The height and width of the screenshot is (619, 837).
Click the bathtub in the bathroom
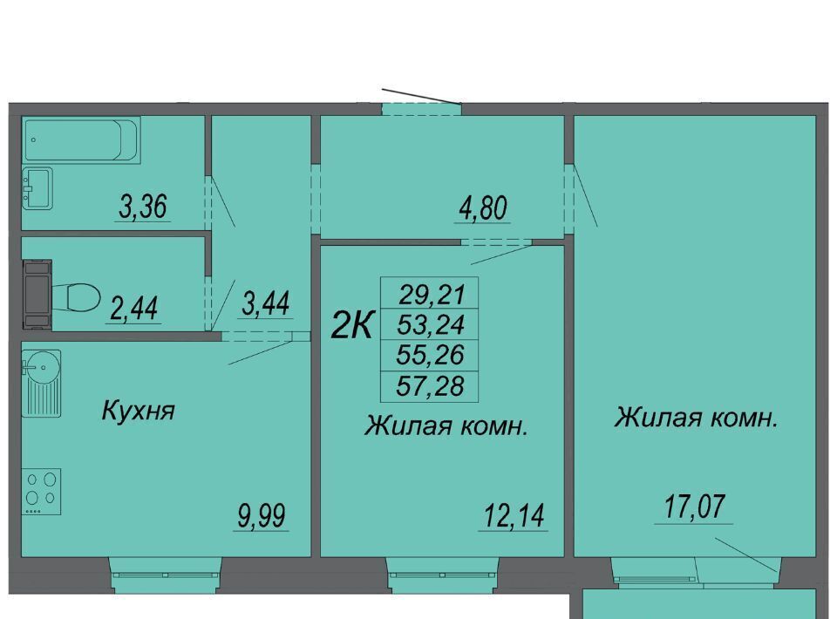[81, 140]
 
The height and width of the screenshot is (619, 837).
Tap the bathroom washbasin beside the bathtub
[37, 188]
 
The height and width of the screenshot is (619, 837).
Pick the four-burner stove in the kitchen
[41, 492]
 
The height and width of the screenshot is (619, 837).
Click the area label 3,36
[143, 207]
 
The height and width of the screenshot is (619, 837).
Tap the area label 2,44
[134, 309]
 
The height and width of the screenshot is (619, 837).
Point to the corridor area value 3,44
[265, 303]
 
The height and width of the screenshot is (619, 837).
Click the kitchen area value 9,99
[262, 515]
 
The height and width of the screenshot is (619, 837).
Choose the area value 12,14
[514, 515]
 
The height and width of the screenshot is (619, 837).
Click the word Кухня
[139, 411]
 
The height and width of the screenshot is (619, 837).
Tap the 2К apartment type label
[351, 324]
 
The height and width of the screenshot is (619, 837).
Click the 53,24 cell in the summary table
[430, 324]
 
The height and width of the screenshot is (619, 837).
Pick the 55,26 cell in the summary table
[430, 355]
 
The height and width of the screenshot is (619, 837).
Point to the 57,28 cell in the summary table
[430, 386]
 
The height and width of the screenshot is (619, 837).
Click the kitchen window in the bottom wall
[166, 575]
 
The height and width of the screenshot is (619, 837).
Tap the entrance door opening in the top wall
[422, 109]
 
